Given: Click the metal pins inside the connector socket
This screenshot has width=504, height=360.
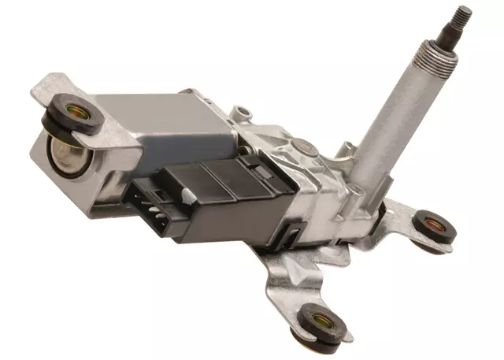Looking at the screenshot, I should [x=151, y=204].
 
